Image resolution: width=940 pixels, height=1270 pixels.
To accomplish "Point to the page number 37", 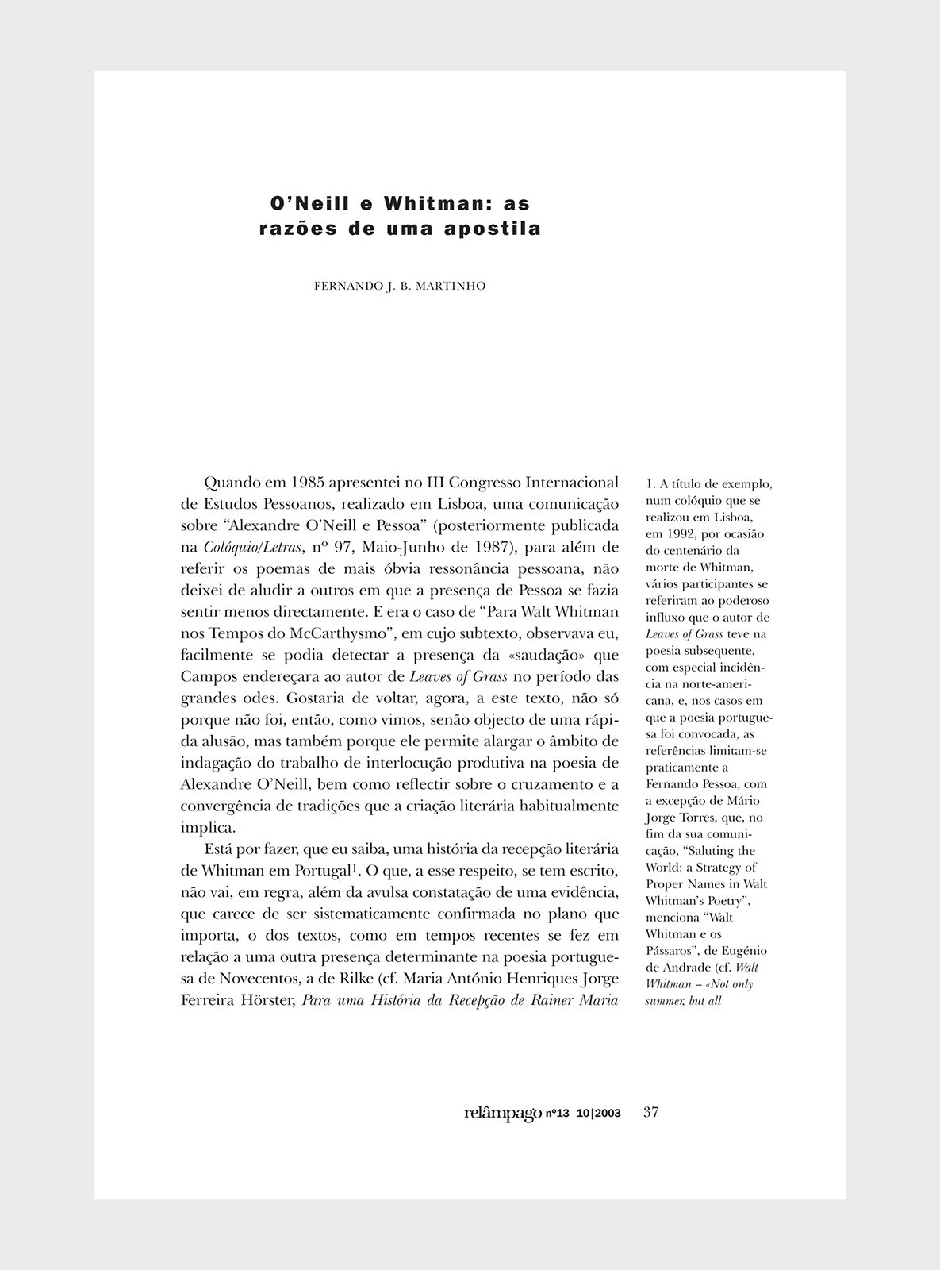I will point(650,1112).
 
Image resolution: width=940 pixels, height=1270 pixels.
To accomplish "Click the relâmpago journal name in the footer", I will point(503,1113).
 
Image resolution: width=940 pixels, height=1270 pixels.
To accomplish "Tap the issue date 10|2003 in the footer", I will point(599,1114).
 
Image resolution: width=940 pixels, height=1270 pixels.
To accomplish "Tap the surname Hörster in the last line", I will point(267,999).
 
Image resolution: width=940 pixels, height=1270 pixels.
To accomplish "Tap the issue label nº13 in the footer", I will point(558,1114).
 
